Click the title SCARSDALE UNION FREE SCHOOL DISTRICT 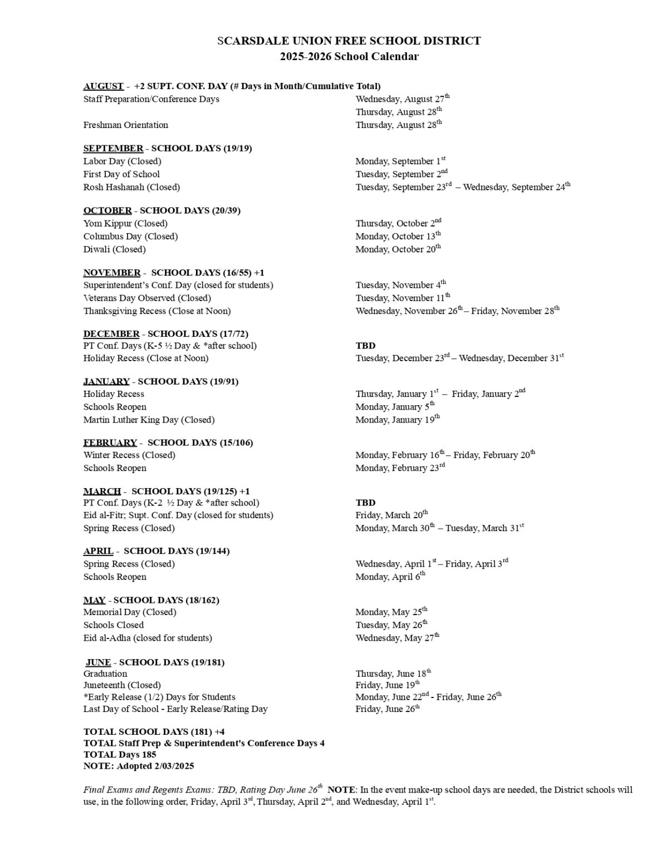point(349,41)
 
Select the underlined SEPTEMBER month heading point(113,148)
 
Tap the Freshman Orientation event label point(125,125)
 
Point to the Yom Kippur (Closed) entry point(125,223)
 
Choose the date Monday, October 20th point(398,249)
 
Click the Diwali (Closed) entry point(114,249)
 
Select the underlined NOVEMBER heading point(112,272)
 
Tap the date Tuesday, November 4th point(400,284)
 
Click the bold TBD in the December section point(365,345)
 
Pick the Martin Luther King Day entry point(149,419)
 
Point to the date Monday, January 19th point(397,419)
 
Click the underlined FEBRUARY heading point(110,443)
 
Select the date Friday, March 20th point(391,515)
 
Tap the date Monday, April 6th point(390,577)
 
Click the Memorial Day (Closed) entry point(130,612)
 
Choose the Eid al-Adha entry point(148,637)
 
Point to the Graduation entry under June point(105,674)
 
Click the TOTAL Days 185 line point(120,754)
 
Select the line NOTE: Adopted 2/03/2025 point(139,766)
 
